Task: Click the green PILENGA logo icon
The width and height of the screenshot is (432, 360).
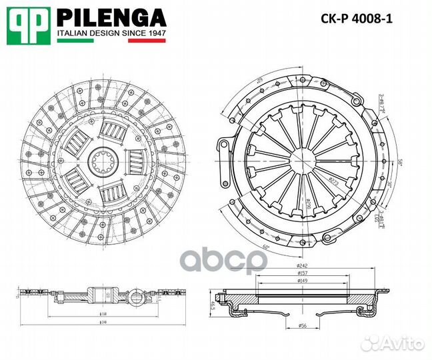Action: pos(29,25)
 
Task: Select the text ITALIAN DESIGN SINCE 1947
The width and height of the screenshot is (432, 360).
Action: pos(111,33)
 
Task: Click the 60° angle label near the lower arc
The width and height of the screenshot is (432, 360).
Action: pos(247,248)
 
